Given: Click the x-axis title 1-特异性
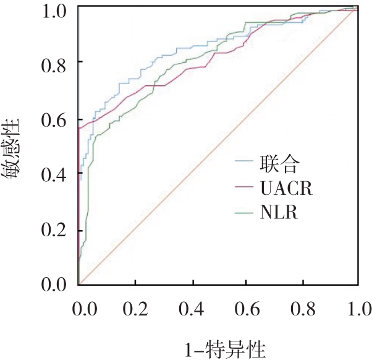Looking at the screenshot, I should coord(219,349).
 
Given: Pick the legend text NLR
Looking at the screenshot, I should coord(282,214).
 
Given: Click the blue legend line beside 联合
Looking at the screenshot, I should coord(248,164).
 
